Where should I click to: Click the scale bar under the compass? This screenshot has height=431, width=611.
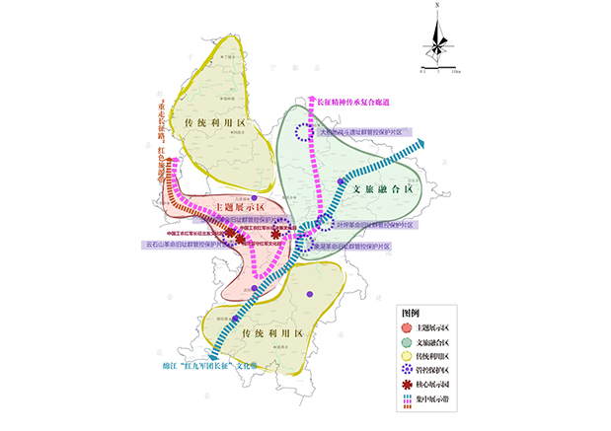[x=437, y=72]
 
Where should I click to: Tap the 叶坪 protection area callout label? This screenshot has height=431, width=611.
[x=375, y=225]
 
